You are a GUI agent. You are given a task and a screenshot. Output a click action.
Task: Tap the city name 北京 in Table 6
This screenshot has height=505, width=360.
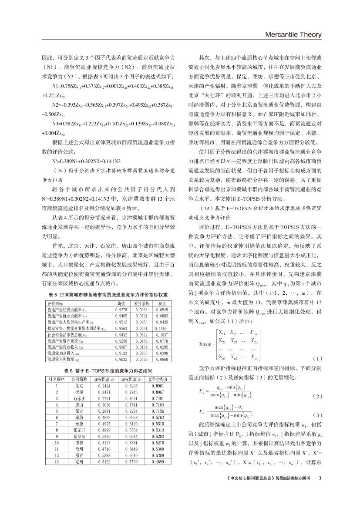coord(80,398)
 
